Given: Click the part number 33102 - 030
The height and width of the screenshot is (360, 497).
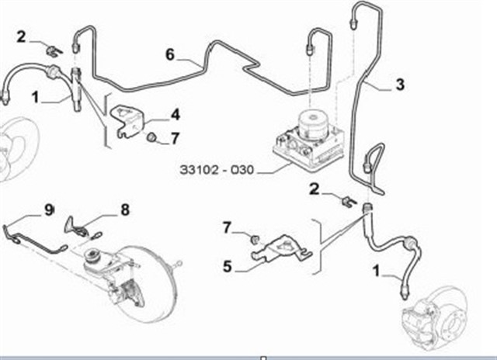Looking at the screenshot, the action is (217, 170).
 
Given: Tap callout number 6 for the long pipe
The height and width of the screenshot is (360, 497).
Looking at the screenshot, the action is (170, 55).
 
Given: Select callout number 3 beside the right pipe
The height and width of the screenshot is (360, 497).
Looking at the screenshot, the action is (400, 85).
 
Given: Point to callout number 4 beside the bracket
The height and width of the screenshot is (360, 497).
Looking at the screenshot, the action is (176, 114).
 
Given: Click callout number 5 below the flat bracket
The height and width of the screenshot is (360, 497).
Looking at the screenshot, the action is (228, 266).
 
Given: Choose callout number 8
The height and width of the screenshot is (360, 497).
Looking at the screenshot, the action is (125, 209).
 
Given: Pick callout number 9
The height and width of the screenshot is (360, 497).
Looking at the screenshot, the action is (49, 209).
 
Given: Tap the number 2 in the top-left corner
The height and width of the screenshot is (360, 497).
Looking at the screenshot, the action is (21, 37).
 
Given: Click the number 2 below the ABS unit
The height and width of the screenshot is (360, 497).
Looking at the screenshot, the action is (314, 189).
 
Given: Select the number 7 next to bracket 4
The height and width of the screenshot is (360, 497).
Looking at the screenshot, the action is (175, 138).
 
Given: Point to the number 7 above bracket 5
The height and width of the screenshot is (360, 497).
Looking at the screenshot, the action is (226, 227).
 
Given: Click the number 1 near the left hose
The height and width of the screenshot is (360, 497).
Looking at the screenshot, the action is (36, 97).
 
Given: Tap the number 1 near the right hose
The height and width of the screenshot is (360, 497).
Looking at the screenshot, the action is (376, 272).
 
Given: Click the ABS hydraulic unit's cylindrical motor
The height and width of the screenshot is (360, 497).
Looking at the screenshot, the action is (314, 123).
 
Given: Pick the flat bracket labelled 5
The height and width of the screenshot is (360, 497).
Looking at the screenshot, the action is (281, 248).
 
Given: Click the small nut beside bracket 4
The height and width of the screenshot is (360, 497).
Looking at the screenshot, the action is (153, 137).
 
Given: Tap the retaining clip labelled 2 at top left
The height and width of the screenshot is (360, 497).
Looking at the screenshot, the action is (54, 51).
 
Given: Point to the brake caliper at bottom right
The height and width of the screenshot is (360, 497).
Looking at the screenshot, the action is (415, 320).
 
